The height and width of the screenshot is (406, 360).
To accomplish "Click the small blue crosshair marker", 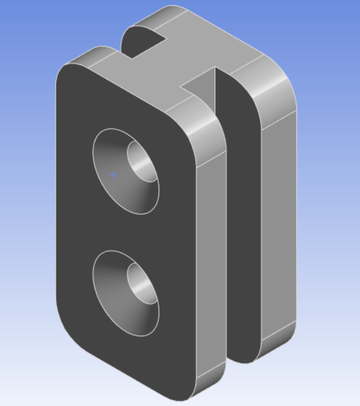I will (113, 175).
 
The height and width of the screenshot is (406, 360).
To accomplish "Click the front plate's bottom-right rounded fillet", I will (210, 380).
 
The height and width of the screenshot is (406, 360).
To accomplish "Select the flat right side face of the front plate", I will (211, 257).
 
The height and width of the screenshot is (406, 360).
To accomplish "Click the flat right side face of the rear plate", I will (279, 216).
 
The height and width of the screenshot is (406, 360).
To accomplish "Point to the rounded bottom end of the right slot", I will (244, 357).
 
